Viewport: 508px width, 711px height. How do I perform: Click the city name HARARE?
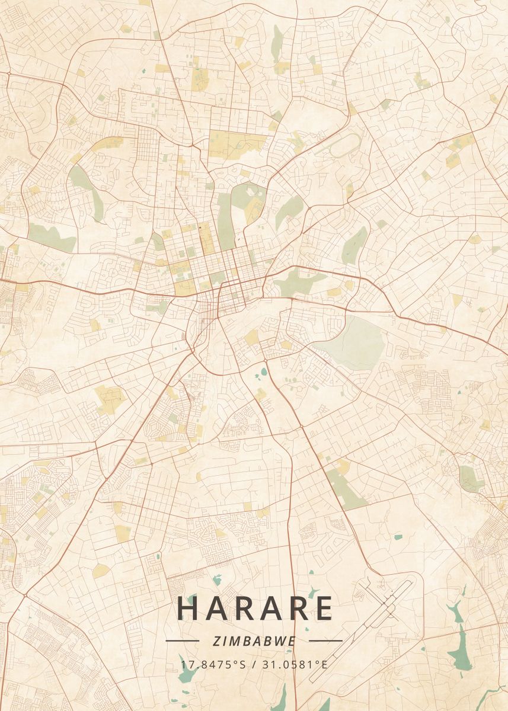point(254,608)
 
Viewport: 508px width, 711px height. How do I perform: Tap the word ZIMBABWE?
point(254,640)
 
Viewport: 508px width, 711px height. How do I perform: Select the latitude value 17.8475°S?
point(213,664)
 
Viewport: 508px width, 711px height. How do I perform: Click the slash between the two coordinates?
point(253,664)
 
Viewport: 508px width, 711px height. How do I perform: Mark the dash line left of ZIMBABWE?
point(182,640)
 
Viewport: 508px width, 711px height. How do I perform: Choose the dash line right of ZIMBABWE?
point(326,640)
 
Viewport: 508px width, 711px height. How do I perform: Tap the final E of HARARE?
point(323,608)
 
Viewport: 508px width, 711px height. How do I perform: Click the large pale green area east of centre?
point(356,342)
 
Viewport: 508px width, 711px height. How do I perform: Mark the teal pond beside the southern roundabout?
point(263,373)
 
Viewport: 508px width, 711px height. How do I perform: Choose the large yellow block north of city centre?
point(237,144)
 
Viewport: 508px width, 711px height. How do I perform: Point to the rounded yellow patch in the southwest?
point(101,571)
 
